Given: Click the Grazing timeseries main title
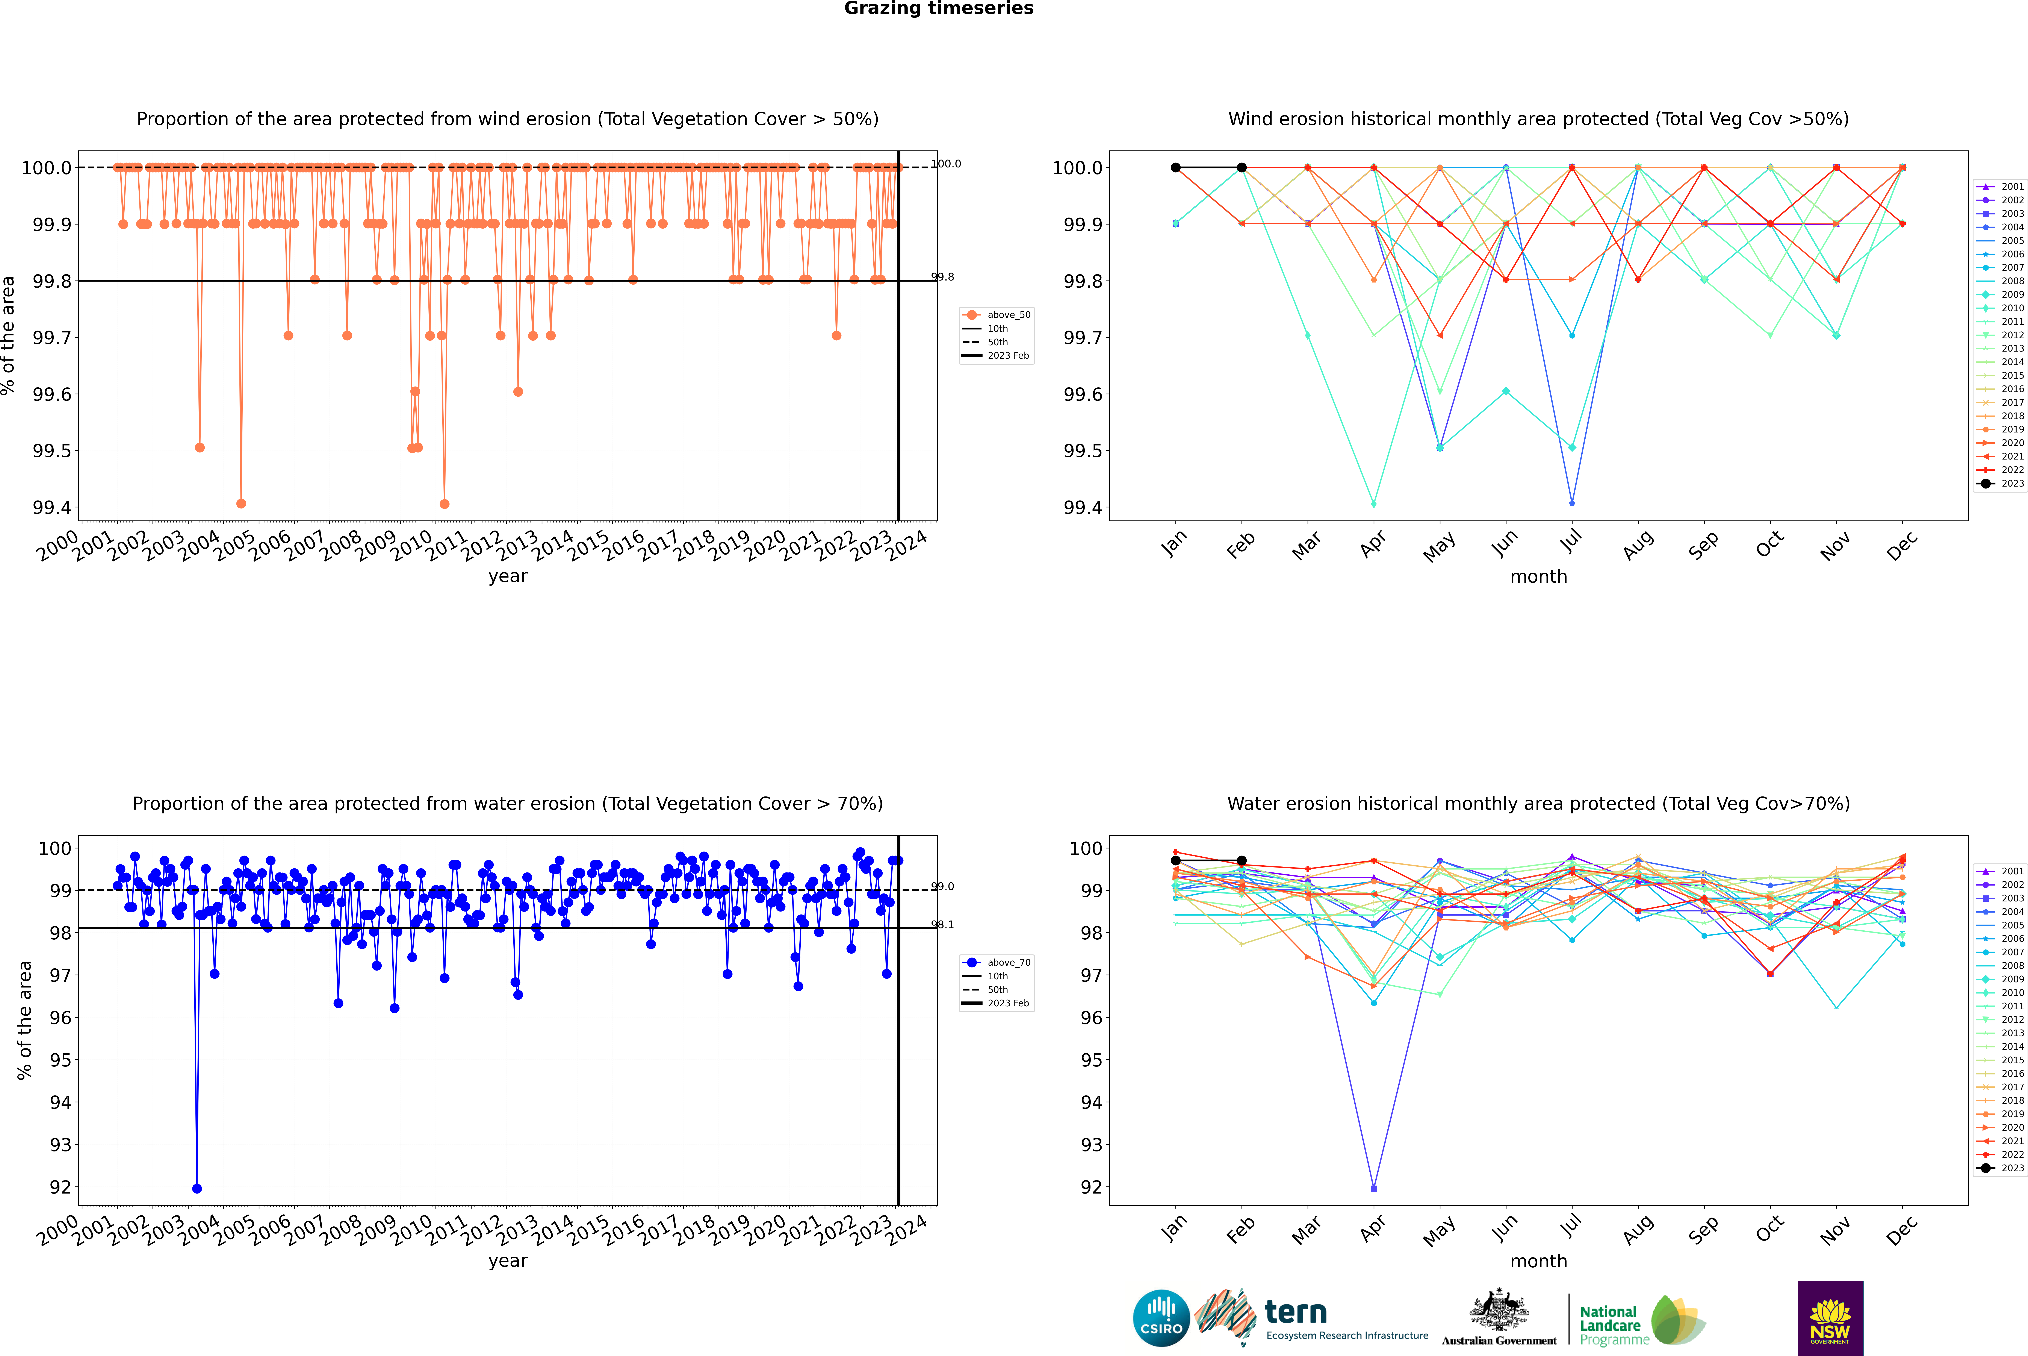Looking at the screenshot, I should [x=939, y=9].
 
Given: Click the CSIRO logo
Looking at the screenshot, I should [x=1161, y=1318].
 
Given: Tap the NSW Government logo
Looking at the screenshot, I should [x=1830, y=1318].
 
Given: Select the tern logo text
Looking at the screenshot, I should [x=1295, y=1313].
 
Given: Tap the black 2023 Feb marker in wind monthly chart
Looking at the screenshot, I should [x=1241, y=168].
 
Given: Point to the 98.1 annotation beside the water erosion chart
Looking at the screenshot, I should [x=942, y=924].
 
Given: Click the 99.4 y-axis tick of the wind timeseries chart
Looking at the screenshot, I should [x=52, y=508].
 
